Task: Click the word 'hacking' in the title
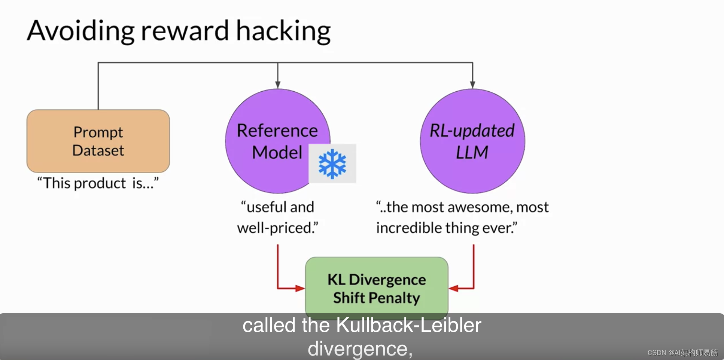click(x=283, y=31)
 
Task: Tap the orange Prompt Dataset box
click(x=98, y=141)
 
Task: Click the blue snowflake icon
click(x=332, y=164)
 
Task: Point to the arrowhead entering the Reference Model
click(x=278, y=85)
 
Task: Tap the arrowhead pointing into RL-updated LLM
click(x=472, y=85)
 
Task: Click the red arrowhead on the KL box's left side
click(x=300, y=288)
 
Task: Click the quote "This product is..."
click(x=98, y=183)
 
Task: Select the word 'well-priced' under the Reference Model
click(x=277, y=228)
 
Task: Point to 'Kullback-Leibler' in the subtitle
click(x=408, y=325)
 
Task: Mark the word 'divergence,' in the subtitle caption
click(x=360, y=348)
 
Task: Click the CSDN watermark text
click(x=682, y=353)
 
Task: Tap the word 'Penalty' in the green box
click(x=394, y=298)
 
